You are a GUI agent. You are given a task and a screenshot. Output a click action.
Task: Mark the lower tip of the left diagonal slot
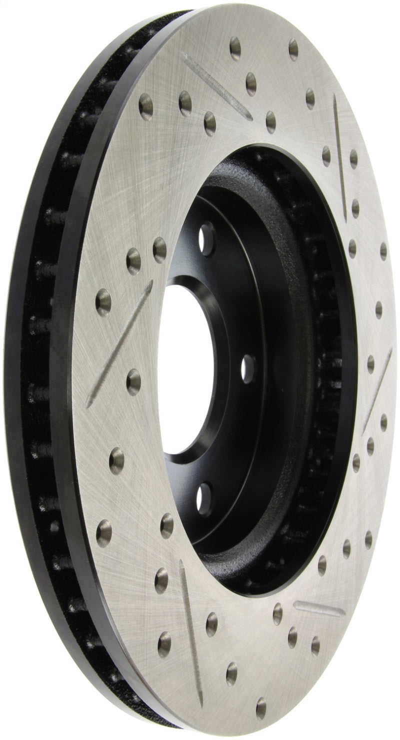[90, 405]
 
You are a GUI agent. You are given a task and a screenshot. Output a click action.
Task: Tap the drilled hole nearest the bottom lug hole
[167, 526]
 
